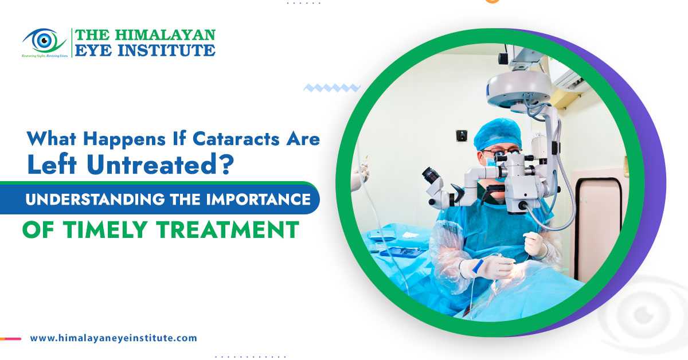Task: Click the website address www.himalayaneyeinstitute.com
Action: (x=114, y=338)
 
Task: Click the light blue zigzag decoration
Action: (x=331, y=88)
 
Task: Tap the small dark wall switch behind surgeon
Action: (x=461, y=135)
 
